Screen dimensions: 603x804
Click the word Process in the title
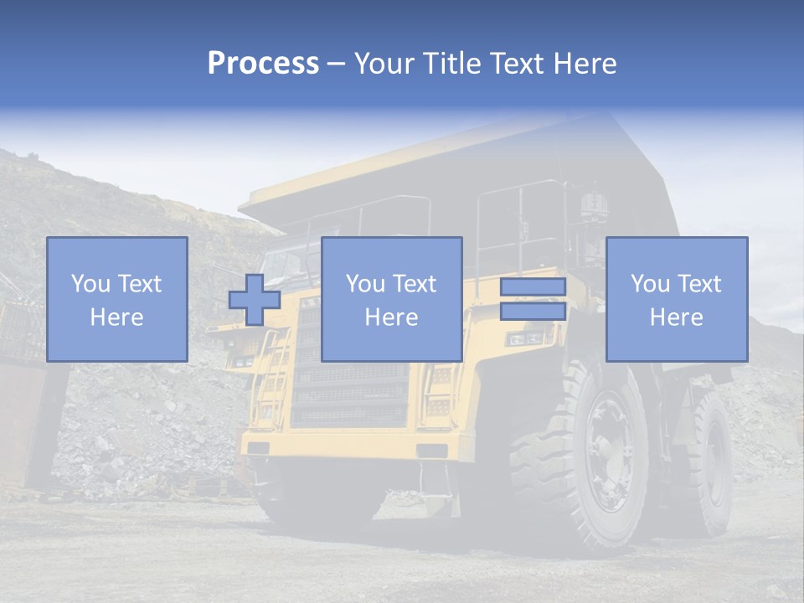coord(263,63)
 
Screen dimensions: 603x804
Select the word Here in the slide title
coord(585,64)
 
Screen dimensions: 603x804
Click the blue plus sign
coord(255,300)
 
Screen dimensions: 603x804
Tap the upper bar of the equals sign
coord(533,287)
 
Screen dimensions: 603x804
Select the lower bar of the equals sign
coord(533,312)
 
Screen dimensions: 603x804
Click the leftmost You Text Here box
coord(117,299)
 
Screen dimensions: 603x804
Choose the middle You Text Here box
coord(391,299)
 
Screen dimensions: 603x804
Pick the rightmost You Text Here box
coord(677,299)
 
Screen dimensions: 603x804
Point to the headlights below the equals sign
coord(525,338)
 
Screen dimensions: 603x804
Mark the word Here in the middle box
coord(391,317)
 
